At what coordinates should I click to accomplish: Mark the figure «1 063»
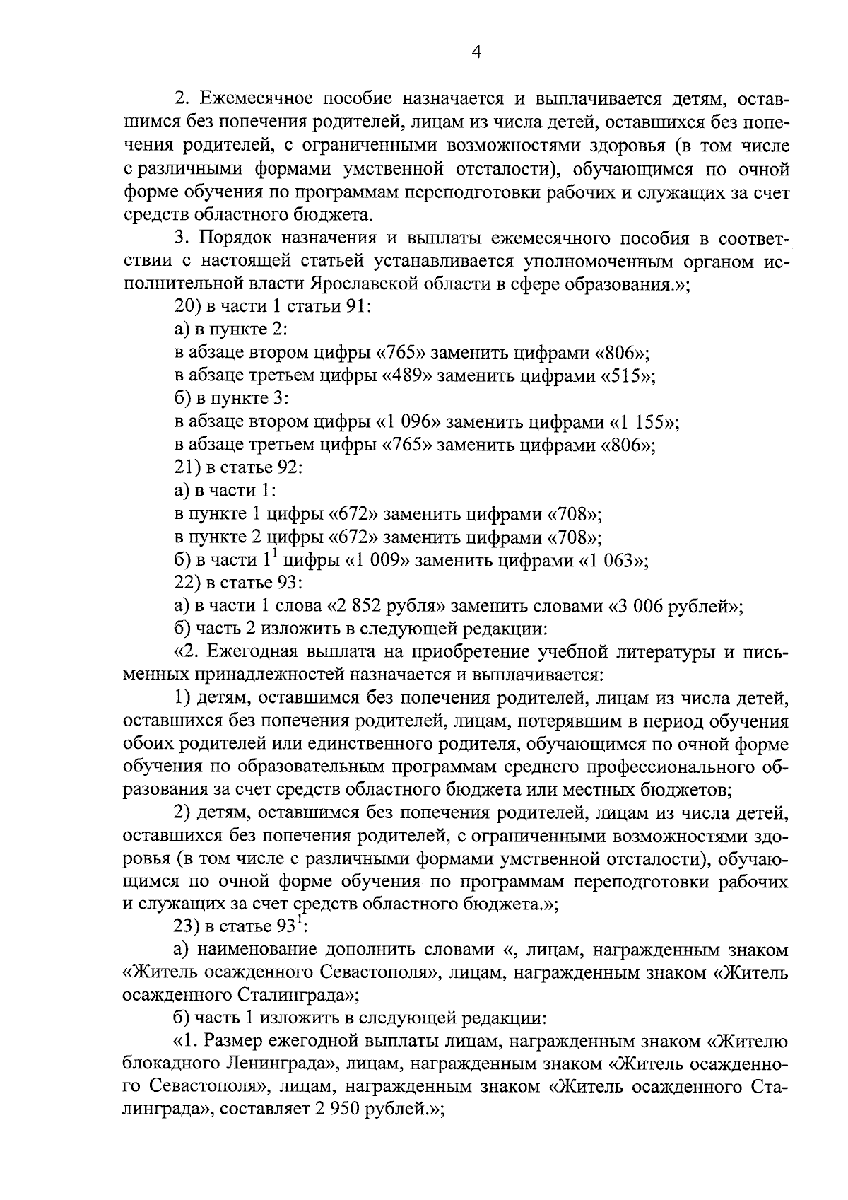613,561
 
